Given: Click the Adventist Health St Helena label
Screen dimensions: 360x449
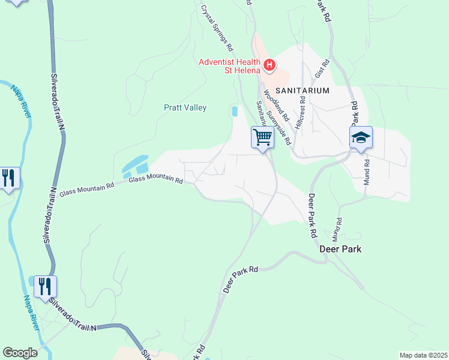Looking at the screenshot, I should [230, 67].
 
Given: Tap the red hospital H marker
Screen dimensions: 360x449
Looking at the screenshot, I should [270, 65].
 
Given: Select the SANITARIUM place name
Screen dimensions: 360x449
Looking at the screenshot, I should [303, 91].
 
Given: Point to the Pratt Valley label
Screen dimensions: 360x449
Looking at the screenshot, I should [185, 108].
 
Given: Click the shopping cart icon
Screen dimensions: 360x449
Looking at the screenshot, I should [262, 137].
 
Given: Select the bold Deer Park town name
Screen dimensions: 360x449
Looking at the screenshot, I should [340, 248].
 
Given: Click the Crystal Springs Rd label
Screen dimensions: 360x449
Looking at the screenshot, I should [217, 28].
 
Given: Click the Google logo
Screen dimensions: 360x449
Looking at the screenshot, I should [20, 353].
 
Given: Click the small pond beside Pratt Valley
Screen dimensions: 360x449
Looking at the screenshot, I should [235, 112].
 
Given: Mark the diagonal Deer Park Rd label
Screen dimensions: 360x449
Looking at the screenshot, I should [240, 280].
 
